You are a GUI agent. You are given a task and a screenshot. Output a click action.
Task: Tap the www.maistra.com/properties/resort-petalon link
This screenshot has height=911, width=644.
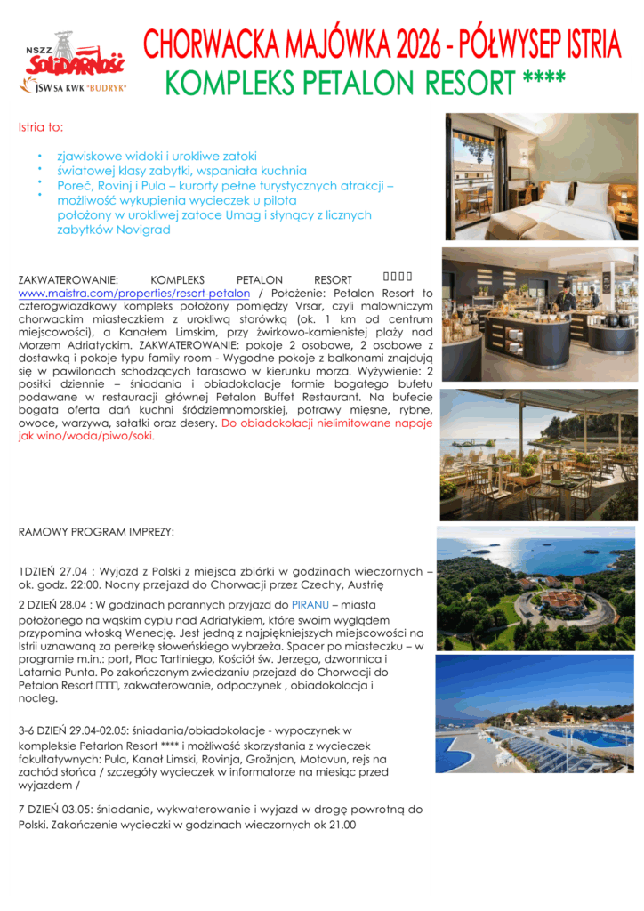point(133,293)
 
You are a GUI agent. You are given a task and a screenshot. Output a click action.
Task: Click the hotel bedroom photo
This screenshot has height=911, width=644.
point(542,176)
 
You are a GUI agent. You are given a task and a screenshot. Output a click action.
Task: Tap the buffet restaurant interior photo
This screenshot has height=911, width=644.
point(539,311)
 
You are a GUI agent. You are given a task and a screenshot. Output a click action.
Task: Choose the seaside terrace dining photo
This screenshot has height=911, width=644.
point(539,455)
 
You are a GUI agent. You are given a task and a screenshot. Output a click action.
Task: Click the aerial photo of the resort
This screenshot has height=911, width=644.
point(536,588)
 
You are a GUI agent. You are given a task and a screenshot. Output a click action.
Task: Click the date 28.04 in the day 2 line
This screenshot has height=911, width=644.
point(76,604)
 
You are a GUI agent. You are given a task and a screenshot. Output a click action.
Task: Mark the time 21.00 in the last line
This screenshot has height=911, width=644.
point(341,825)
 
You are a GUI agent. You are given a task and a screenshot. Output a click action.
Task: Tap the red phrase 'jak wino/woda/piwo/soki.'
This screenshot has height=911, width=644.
point(86,437)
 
